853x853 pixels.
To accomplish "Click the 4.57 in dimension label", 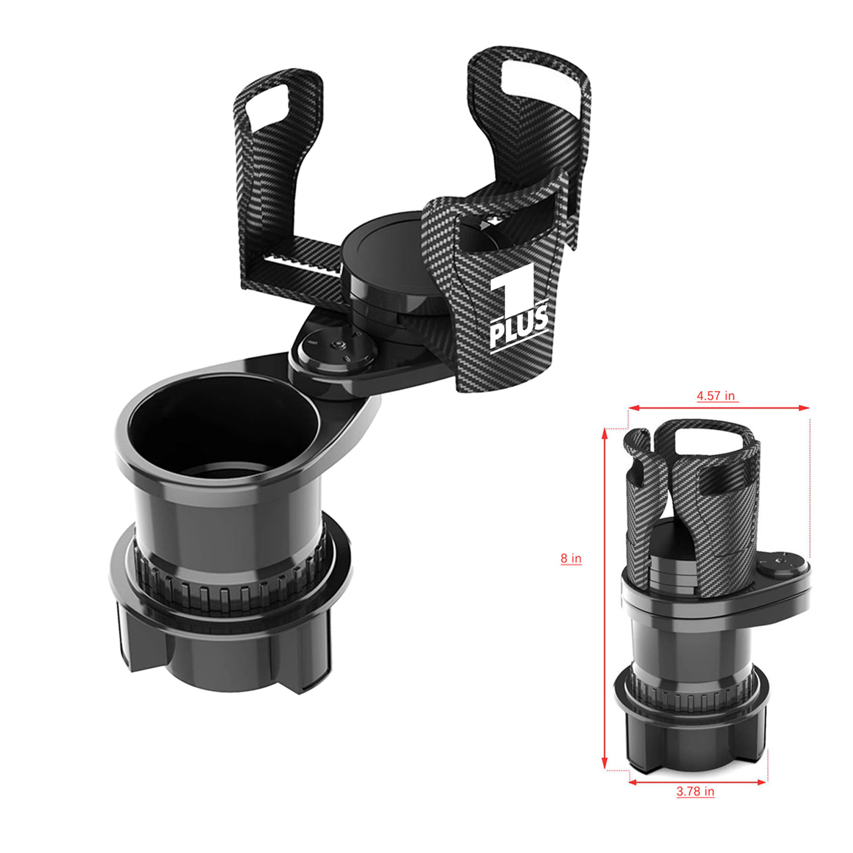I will pyautogui.click(x=716, y=396).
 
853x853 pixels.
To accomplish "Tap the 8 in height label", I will pyautogui.click(x=571, y=558).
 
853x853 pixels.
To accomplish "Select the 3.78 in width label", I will pyautogui.click(x=695, y=791).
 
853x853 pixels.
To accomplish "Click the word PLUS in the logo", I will pyautogui.click(x=518, y=326).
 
